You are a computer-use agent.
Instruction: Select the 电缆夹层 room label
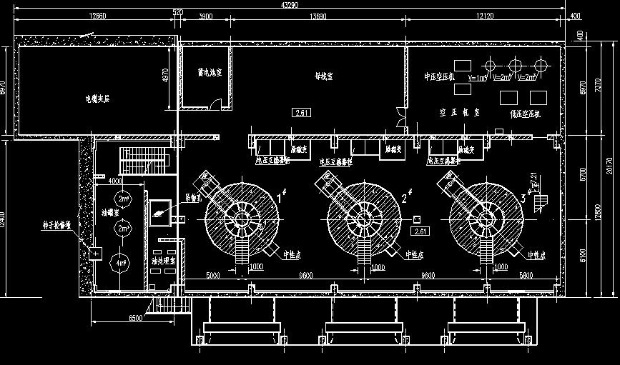click(97, 99)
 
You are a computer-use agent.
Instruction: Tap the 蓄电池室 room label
click(210, 73)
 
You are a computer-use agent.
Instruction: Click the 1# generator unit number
click(280, 191)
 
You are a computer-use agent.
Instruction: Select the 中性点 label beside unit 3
click(536, 254)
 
